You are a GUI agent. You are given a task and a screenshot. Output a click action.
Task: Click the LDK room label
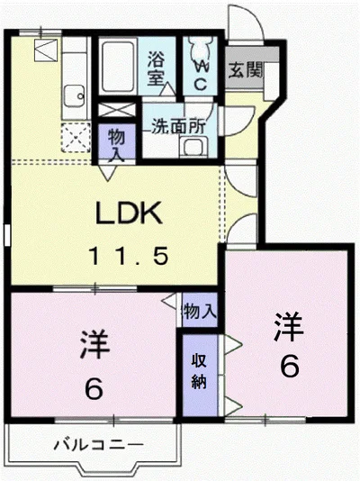point(129,213)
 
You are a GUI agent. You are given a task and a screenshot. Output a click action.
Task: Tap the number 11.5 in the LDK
point(129,257)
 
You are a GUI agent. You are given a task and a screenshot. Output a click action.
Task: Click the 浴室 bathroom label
point(157,68)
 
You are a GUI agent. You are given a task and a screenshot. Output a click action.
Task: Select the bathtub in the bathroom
point(118,66)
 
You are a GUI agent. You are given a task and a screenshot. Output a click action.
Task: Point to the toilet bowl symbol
point(201,48)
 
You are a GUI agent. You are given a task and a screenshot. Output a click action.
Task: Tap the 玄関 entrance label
point(245,70)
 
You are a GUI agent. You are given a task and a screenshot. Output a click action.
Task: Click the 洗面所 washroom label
point(179,125)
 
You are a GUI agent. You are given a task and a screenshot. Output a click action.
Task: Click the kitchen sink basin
point(75,95)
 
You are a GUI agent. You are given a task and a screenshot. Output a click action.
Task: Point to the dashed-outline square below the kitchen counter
point(76,138)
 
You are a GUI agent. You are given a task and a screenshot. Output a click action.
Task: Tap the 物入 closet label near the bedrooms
point(200,312)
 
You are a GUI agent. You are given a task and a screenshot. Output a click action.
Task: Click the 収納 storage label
point(199,371)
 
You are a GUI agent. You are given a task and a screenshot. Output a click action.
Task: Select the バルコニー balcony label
point(99,444)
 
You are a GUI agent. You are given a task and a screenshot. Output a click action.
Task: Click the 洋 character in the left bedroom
point(94,344)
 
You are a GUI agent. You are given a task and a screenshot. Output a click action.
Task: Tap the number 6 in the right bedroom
point(290,368)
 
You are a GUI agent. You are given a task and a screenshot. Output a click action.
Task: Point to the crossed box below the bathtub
point(117,110)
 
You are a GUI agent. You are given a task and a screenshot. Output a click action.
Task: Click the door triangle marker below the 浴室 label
point(167,88)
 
